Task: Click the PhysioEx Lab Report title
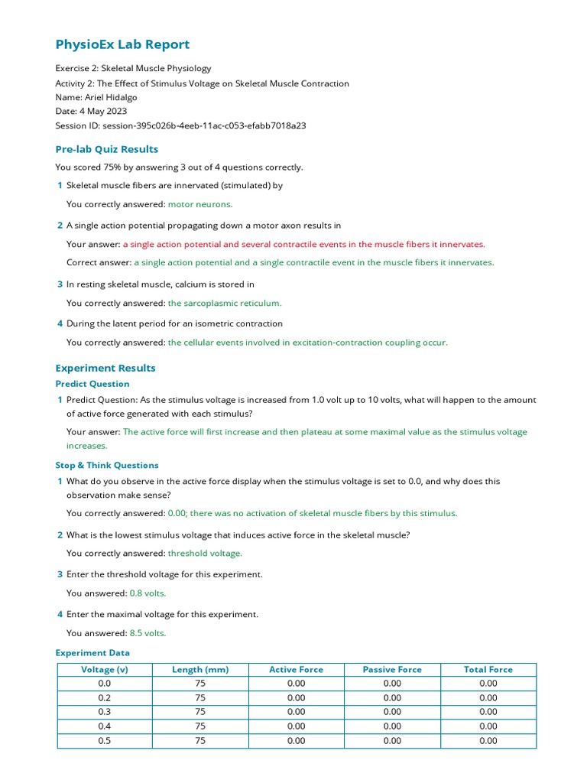click(122, 44)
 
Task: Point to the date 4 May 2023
click(103, 111)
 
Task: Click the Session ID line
click(180, 125)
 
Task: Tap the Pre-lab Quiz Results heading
click(106, 149)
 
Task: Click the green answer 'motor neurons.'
click(200, 204)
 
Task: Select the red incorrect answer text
click(303, 244)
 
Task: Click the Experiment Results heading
click(105, 368)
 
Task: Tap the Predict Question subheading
click(92, 384)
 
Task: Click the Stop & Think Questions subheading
click(107, 465)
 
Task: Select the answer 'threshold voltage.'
click(205, 553)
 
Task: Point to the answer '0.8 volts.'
click(148, 593)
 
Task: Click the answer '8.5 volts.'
click(148, 632)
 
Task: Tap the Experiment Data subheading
click(92, 653)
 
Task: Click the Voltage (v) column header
click(105, 670)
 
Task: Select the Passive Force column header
click(392, 670)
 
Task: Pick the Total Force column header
click(488, 670)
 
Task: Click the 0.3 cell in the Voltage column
click(105, 712)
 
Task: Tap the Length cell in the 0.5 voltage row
click(200, 741)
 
